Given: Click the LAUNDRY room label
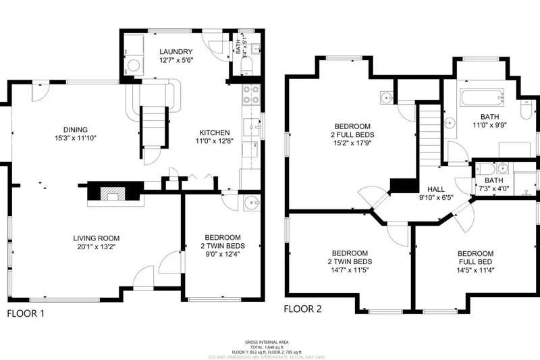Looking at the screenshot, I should click(x=175, y=52).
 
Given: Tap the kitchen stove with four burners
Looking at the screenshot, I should click(x=250, y=95).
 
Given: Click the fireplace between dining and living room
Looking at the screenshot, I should click(x=111, y=192).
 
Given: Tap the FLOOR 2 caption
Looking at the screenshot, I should click(x=302, y=310).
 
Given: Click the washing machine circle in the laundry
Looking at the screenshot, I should click(x=134, y=66).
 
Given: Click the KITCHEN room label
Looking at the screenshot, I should click(x=214, y=132).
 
